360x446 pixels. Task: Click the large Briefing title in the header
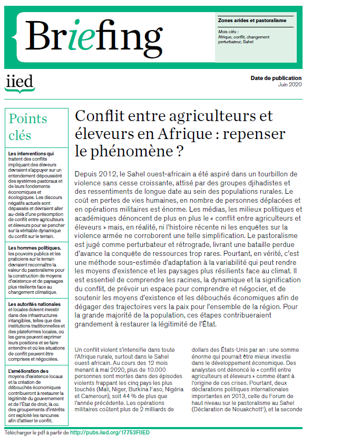(93, 36)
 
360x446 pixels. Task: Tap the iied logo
(18, 83)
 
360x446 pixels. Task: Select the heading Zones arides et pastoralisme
(252, 21)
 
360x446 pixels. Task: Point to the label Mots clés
(228, 32)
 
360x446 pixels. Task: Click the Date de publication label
(276, 78)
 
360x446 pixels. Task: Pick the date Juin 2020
(289, 85)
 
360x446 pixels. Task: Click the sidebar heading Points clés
(28, 126)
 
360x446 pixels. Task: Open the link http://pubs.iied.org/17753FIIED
(110, 433)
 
